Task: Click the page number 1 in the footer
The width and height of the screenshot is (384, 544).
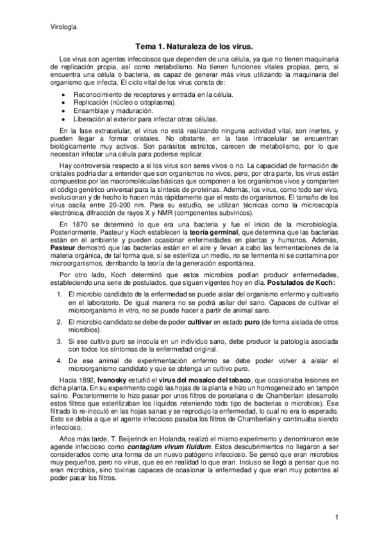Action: coord(335,517)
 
